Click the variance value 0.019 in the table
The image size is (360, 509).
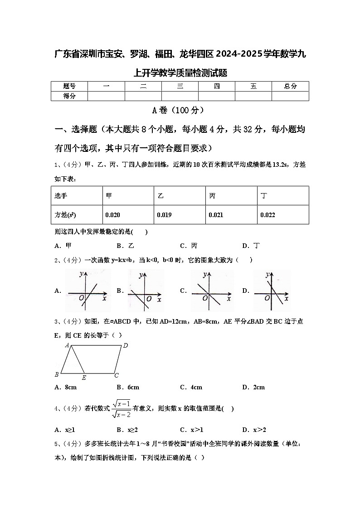[164, 215]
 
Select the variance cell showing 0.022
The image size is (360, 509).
[268, 215]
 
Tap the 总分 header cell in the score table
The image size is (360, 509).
[290, 86]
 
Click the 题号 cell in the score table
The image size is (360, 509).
[69, 86]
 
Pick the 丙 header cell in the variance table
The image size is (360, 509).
[212, 195]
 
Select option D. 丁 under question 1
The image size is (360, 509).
[251, 246]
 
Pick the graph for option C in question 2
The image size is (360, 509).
[211, 291]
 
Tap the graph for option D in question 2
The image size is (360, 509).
[272, 291]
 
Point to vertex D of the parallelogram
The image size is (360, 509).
[126, 346]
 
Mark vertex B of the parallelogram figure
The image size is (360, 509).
[57, 375]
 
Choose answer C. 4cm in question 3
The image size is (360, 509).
[191, 387]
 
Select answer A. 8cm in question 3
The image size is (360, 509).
[65, 387]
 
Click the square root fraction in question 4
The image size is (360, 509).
[121, 408]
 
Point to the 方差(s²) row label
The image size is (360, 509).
[65, 215]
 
